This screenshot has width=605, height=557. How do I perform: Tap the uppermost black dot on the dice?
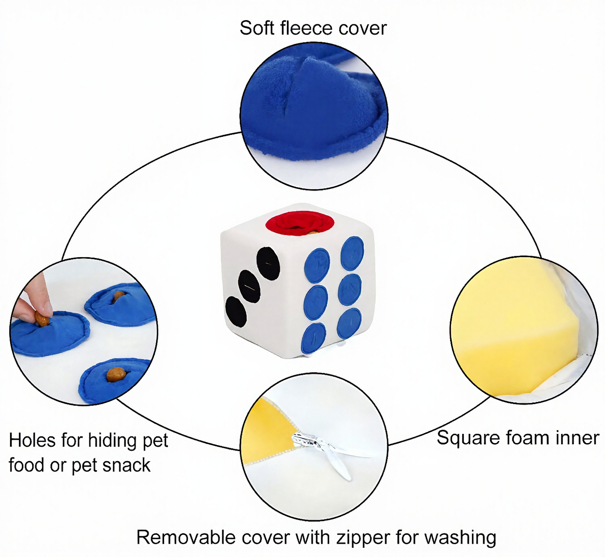pyautogui.click(x=268, y=263)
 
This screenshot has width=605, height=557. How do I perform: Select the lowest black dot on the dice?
pyautogui.click(x=236, y=312)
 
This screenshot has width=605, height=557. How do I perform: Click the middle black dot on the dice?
pyautogui.click(x=249, y=286)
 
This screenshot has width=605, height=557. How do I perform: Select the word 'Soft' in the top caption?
pyautogui.click(x=257, y=28)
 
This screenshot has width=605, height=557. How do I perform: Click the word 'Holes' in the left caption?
pyautogui.click(x=32, y=441)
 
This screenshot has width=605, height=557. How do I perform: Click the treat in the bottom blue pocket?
pyautogui.click(x=116, y=374)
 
